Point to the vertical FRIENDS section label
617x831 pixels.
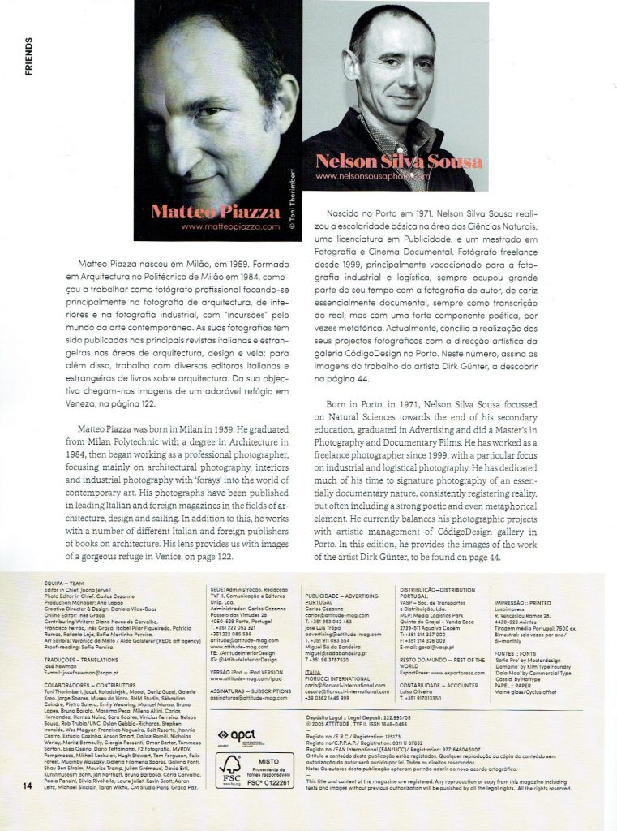tap(29, 56)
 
